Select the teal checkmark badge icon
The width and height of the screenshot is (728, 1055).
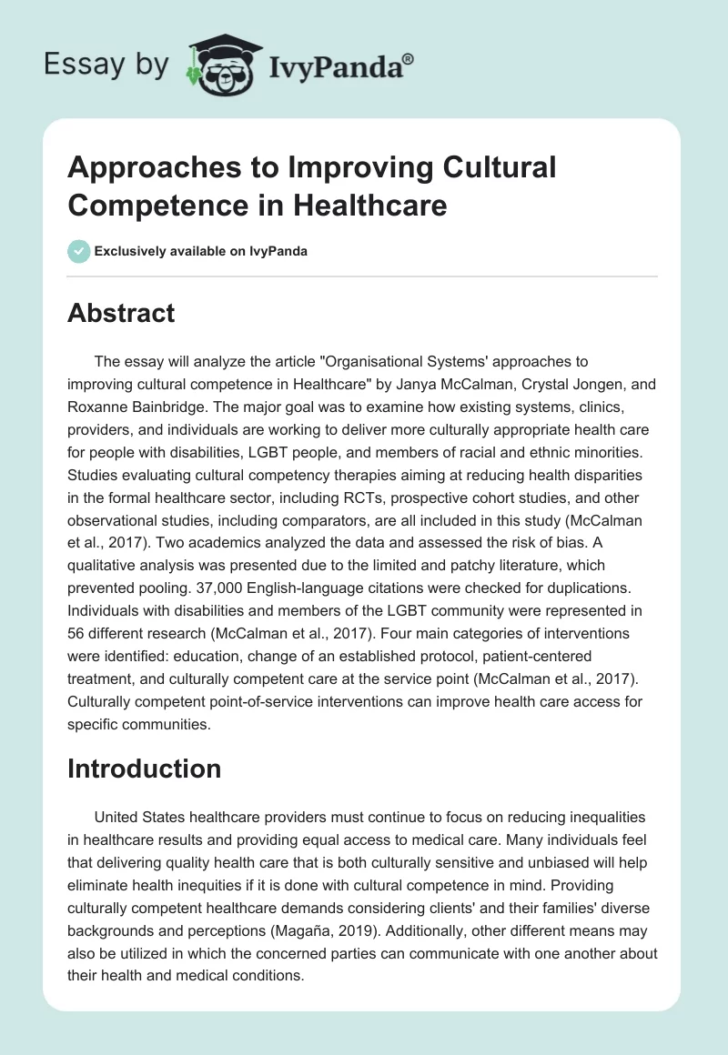point(78,251)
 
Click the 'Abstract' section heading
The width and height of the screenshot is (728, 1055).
point(121,314)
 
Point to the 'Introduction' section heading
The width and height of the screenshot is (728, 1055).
point(145,769)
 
